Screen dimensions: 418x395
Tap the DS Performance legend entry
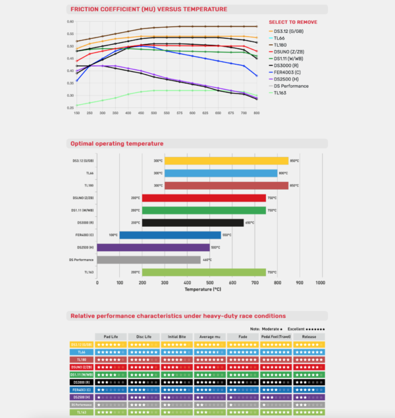click(x=289, y=85)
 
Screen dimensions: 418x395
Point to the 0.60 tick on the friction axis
click(x=70, y=21)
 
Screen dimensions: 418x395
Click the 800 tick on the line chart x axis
click(x=256, y=113)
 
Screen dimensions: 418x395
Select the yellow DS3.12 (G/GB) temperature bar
click(x=226, y=161)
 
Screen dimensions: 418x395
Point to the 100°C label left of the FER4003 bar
click(x=113, y=235)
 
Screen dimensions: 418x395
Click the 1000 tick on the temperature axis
click(x=320, y=282)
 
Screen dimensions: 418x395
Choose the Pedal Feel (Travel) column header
click(x=276, y=336)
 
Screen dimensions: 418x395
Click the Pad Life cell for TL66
click(x=110, y=352)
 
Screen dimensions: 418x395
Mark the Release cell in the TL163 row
click(x=309, y=412)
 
